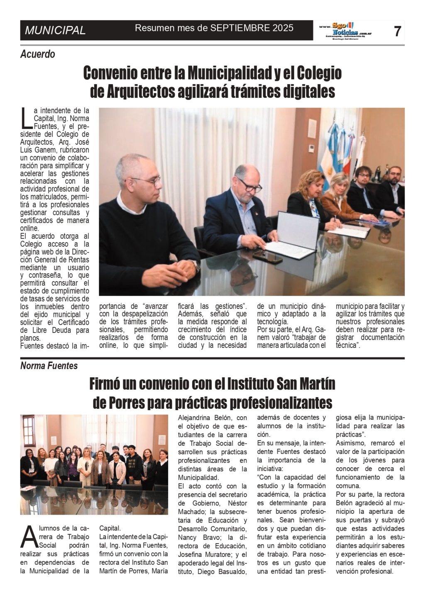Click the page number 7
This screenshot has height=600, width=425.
(x=397, y=31)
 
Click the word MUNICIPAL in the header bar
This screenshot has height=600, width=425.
(x=55, y=30)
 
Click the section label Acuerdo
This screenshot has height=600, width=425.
(x=37, y=54)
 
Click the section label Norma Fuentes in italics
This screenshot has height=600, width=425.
(x=49, y=366)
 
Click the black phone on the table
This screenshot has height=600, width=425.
(x=268, y=257)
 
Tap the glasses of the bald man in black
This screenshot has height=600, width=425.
(x=146, y=182)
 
